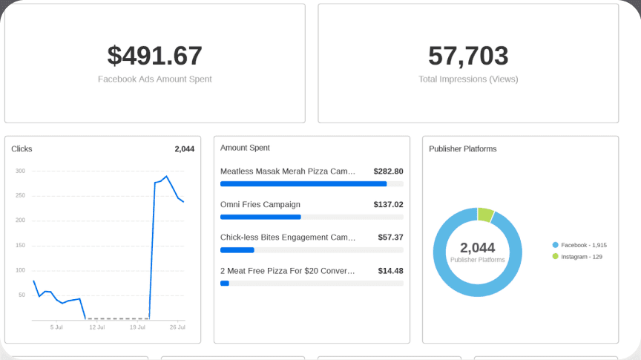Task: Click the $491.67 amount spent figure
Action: pos(155,56)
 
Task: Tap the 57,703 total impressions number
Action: pos(468,56)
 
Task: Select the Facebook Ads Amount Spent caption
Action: pos(155,79)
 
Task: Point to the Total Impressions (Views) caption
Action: pos(468,79)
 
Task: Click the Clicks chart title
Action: pos(22,149)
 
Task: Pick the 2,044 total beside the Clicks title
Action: pos(185,149)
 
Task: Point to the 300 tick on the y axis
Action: pos(21,171)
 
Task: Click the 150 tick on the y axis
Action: pos(21,246)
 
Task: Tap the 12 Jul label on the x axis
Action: pos(97,327)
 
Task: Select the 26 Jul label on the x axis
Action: pos(177,327)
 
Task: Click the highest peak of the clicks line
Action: pos(166,177)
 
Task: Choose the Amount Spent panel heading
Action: pos(245,148)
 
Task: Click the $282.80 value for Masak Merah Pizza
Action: pos(388,171)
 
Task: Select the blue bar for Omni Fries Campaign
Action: pos(261,217)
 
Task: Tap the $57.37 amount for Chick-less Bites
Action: pos(390,238)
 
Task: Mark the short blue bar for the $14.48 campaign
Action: pos(225,283)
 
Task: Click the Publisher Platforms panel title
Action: pos(463,149)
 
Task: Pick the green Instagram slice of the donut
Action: pos(486,215)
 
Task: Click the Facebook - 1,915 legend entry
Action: pos(579,245)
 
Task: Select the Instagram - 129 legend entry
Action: pos(577,257)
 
